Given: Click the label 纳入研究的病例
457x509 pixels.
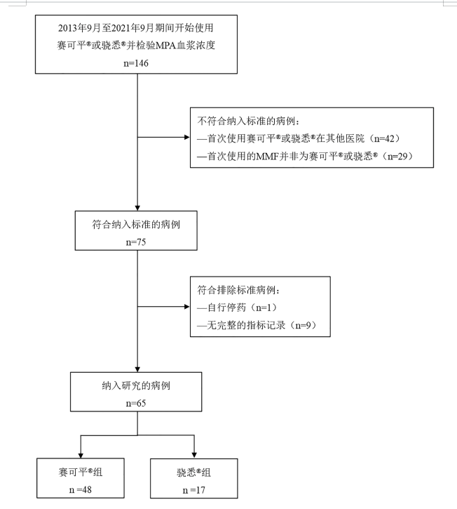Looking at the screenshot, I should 137,386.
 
